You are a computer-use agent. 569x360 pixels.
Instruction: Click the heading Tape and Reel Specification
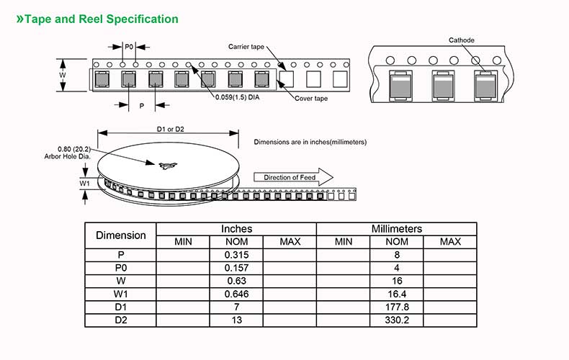[x=101, y=19]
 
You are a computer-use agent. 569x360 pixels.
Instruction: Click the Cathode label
[x=461, y=40]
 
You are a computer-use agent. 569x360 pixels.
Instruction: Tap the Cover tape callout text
[x=310, y=98]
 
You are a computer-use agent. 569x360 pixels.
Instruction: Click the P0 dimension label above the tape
[x=128, y=46]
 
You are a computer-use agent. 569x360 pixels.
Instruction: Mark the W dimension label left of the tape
[x=63, y=75]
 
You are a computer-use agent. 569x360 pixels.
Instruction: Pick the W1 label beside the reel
[x=84, y=183]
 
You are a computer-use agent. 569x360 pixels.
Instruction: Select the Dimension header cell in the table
[x=120, y=235]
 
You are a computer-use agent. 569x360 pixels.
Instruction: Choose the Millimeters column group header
[x=396, y=229]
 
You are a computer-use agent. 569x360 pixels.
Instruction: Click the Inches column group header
[x=236, y=229]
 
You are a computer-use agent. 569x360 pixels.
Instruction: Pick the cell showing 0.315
[x=236, y=255]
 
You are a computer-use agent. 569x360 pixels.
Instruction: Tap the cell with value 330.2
[x=397, y=318]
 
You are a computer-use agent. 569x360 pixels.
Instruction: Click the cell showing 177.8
[x=397, y=305]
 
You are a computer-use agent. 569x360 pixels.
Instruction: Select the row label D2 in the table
[x=120, y=318]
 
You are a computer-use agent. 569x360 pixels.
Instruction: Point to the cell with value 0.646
[x=236, y=293]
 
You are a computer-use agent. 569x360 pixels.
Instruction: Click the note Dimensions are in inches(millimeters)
[x=310, y=142]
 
